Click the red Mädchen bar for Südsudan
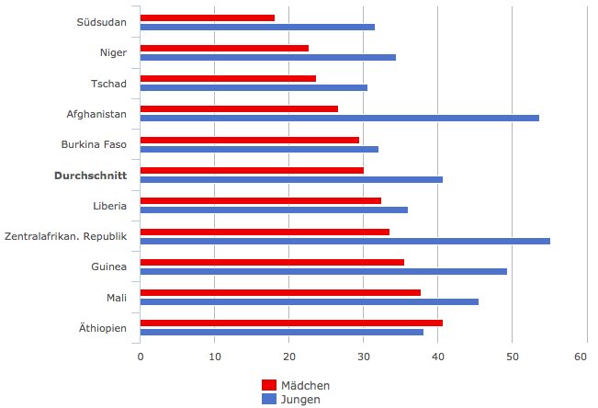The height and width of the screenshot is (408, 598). click(208, 17)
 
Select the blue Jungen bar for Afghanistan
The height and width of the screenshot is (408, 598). click(340, 119)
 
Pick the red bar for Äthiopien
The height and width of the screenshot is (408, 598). click(291, 323)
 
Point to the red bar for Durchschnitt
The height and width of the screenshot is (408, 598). click(252, 170)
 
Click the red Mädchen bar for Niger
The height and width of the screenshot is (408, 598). click(224, 48)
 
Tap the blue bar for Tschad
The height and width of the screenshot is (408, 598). click(254, 88)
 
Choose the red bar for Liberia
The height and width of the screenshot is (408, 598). click(261, 200)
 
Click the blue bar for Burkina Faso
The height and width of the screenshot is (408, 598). click(259, 149)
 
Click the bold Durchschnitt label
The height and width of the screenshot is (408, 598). click(90, 175)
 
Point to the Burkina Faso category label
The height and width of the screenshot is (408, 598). click(94, 144)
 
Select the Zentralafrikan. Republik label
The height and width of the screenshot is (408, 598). click(65, 236)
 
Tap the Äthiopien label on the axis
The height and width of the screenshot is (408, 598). click(103, 327)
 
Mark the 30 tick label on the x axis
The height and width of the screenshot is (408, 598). click(363, 357)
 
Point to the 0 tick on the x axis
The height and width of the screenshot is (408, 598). click(141, 357)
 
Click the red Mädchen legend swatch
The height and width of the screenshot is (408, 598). click(269, 385)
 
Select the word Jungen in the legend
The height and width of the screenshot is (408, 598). click(300, 400)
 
